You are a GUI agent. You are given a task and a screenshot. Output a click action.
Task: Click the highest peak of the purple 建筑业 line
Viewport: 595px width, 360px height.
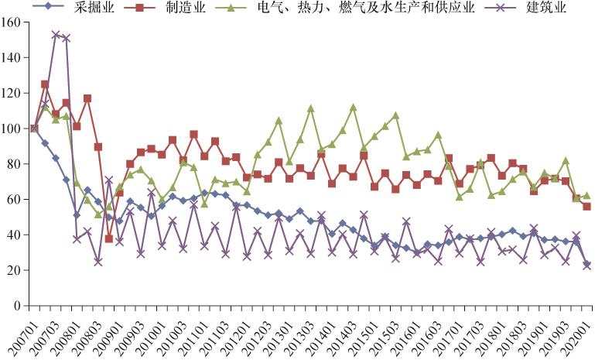point(56,35)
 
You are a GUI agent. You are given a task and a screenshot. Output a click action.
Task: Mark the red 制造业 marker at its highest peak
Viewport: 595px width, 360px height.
point(45,84)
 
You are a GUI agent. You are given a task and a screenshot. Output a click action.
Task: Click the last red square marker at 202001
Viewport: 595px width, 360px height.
point(586,207)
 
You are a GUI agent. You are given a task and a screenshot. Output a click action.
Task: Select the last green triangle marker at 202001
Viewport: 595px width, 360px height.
point(586,196)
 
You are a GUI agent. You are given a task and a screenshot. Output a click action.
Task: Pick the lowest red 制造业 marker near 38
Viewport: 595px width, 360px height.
point(109,238)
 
